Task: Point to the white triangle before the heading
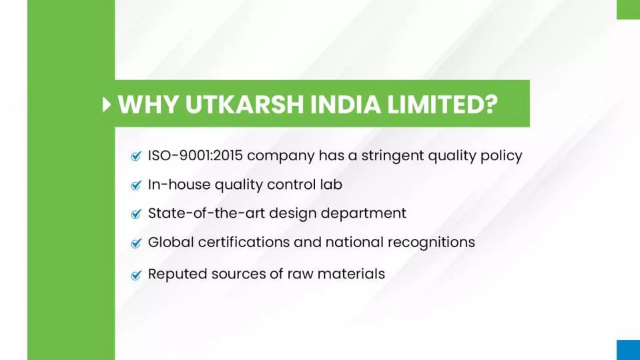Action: [107, 105]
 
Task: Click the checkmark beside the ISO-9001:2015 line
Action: [136, 156]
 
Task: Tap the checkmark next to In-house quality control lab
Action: [136, 185]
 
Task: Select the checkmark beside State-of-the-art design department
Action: [136, 214]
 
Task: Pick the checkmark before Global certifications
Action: [136, 243]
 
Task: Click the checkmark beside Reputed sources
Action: [136, 275]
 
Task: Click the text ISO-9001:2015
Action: [195, 155]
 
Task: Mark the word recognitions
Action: [431, 242]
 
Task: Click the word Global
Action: [171, 242]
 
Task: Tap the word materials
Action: [351, 274]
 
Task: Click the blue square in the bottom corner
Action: [628, 350]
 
